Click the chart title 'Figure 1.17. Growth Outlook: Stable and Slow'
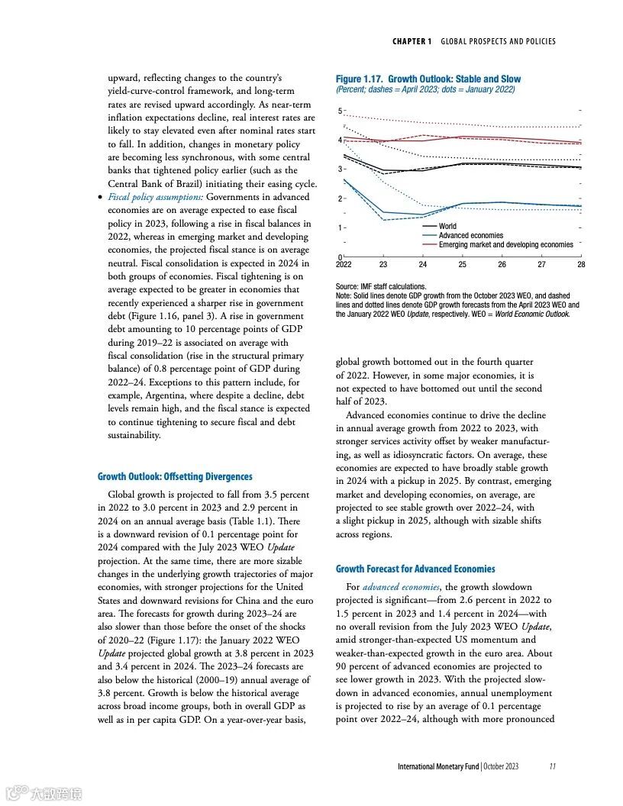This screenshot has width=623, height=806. coord(428,79)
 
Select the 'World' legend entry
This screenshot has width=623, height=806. coord(447,226)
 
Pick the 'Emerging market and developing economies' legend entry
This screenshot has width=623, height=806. coord(505,244)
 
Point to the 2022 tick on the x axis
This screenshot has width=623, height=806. coord(344,264)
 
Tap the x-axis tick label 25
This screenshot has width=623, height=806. coord(462,264)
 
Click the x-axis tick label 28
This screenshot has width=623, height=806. coord(581,264)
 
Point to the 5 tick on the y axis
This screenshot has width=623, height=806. coord(339,111)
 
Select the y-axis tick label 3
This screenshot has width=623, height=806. coord(339,169)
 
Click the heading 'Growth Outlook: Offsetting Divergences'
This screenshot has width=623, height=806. coord(175,476)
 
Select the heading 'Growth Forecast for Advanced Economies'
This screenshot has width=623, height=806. coord(415,569)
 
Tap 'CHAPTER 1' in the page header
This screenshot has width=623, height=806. coord(412,41)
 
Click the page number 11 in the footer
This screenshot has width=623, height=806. coord(552,766)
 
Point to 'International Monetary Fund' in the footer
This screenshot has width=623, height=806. coord(437,766)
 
